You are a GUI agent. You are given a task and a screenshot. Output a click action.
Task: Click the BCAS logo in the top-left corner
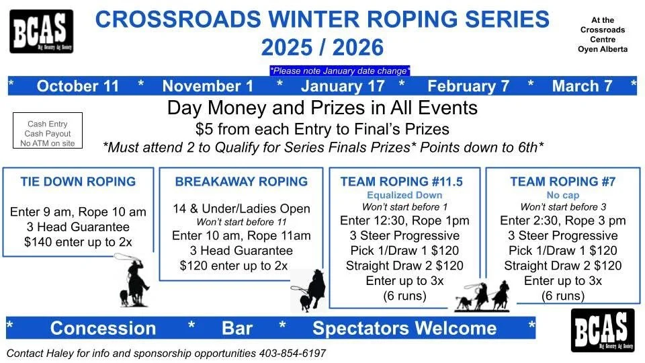tap(41, 31)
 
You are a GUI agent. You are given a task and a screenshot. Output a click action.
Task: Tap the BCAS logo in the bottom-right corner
tap(602, 330)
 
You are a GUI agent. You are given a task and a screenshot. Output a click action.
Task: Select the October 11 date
tap(77, 86)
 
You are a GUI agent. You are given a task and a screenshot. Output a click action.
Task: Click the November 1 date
tap(208, 86)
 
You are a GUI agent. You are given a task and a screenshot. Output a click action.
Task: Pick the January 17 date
tap(343, 86)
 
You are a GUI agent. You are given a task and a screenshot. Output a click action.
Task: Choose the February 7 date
tap(468, 86)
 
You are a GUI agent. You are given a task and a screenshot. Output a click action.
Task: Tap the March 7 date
tap(582, 86)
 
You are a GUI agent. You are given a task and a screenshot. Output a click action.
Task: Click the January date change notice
tap(339, 71)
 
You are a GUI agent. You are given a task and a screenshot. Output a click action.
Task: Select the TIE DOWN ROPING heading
tap(78, 182)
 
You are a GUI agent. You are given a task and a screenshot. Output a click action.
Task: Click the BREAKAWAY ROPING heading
tap(241, 182)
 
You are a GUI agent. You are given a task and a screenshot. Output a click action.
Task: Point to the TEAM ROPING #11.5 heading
tap(401, 182)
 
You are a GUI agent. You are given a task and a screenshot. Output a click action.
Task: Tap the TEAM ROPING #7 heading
tap(562, 182)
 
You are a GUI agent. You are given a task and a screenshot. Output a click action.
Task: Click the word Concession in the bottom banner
tap(103, 328)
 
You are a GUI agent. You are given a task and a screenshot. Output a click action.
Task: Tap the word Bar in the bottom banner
tap(237, 328)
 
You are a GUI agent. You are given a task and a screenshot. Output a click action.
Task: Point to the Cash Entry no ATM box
tap(48, 133)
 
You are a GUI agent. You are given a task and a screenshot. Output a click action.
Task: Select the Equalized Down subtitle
tap(400, 195)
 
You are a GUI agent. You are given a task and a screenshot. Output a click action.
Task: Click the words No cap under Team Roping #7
tap(562, 195)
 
